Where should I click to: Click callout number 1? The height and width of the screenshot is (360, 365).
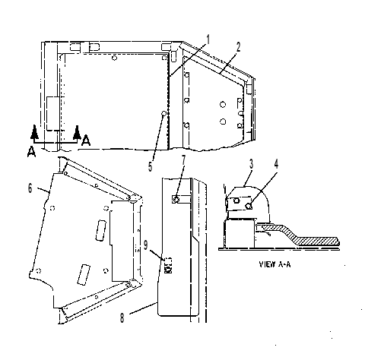coord(208,40)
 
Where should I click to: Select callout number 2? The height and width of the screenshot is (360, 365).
coord(238,47)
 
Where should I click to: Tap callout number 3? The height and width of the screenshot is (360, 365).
coord(251,164)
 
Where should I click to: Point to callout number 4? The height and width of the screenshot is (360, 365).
coord(276,164)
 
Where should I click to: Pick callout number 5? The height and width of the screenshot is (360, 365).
coord(151,167)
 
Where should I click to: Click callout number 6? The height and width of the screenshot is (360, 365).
coord(30,188)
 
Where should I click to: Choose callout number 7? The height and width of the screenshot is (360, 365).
coord(183,159)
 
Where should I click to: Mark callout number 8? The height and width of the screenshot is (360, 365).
coord(122,318)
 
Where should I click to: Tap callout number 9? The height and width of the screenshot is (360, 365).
coord(145,245)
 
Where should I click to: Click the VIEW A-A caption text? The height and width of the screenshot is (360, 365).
coord(275,264)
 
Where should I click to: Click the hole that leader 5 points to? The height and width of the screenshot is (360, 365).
coord(164,113)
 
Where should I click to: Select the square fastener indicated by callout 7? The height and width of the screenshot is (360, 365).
coord(176,200)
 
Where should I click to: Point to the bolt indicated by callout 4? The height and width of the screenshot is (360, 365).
coord(249,207)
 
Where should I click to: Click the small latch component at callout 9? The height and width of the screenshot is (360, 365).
coord(168,265)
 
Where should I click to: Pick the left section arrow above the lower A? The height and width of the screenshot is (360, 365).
coord(34,132)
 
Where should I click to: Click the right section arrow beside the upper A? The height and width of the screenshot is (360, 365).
coord(77,132)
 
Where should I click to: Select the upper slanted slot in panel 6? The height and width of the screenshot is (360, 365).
coord(100,230)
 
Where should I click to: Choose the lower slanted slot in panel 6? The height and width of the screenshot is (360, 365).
coord(84,275)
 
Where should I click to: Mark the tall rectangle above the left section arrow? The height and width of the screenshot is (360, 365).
coord(53,113)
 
